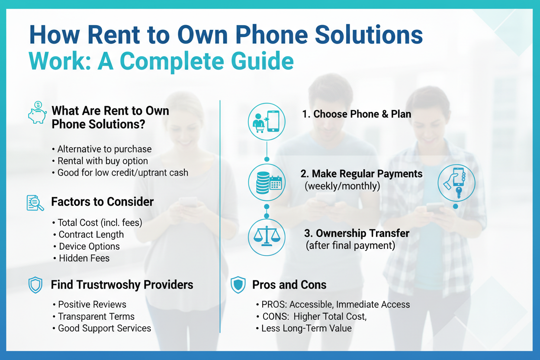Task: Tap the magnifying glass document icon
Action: [x=35, y=203]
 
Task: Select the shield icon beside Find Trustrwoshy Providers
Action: [x=35, y=285]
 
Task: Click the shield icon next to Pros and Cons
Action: [x=238, y=285]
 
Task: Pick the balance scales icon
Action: [x=267, y=237]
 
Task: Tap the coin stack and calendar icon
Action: [x=267, y=182]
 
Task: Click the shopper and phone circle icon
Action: [x=267, y=122]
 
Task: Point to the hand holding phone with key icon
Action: [x=456, y=183]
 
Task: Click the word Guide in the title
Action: [x=262, y=61]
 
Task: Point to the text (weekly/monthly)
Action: [x=342, y=186]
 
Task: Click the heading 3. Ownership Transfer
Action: [x=357, y=233]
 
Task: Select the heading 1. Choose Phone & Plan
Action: [x=357, y=114]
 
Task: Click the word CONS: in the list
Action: [x=276, y=316]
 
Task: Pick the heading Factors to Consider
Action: [x=103, y=202]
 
